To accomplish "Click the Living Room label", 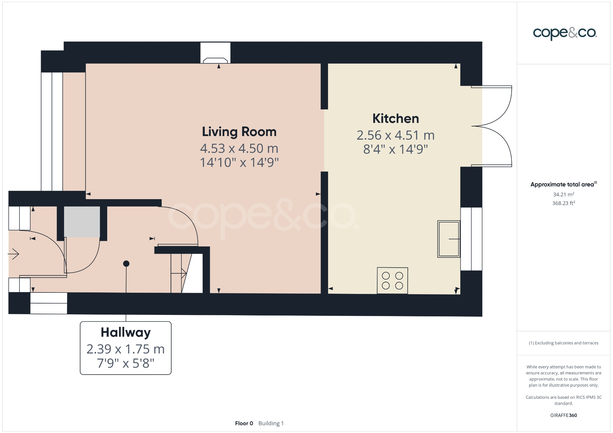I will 239,132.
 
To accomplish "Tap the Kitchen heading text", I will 395,119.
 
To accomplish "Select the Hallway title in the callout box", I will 125,333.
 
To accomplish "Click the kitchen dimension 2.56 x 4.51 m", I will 395,135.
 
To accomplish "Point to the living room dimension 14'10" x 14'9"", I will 239,163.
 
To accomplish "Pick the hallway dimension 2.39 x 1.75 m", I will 125,349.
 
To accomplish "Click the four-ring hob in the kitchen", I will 392,280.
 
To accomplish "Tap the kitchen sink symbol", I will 449,239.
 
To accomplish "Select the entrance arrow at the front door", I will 13,254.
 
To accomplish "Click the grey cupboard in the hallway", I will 82,222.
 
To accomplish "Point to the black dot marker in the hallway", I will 126,263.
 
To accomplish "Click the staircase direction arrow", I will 179,273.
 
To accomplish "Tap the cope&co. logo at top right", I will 565,33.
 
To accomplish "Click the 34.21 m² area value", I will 563,194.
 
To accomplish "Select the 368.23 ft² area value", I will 563,203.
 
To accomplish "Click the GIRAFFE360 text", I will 563,415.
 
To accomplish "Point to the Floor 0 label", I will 244,423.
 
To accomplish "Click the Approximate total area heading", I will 563,185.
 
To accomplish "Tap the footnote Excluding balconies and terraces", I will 563,343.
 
